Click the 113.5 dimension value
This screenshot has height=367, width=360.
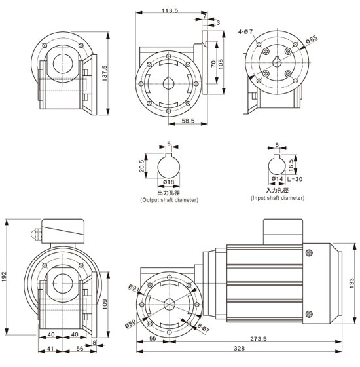pos(170,10)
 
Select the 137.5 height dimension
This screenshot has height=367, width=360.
pos(105,73)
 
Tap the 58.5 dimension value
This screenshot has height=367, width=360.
pos(188,121)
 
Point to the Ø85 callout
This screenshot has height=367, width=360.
pos(312,39)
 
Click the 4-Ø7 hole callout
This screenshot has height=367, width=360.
pos(245,31)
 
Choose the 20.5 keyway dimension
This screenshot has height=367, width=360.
pos(141,166)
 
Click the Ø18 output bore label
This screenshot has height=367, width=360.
pos(169,182)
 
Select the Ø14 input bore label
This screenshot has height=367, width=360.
pos(278,179)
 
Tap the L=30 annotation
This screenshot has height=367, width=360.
pos(295,179)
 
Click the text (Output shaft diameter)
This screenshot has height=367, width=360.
pos(170,200)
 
